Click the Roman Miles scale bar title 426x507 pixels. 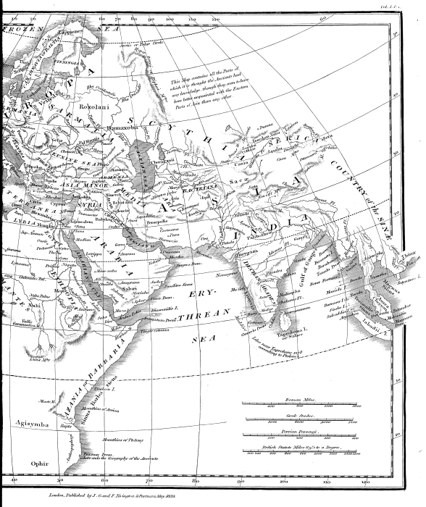(x=298, y=399)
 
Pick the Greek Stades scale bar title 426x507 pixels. (x=297, y=413)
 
